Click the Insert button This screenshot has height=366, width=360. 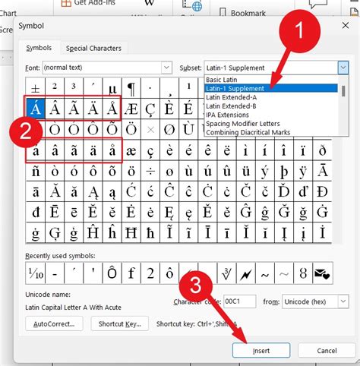(261, 350)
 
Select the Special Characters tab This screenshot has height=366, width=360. (93, 49)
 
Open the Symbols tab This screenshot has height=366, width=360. (39, 49)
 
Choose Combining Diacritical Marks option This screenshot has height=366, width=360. (250, 131)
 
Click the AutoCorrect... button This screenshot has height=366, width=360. (54, 324)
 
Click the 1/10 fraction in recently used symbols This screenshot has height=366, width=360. (35, 273)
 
